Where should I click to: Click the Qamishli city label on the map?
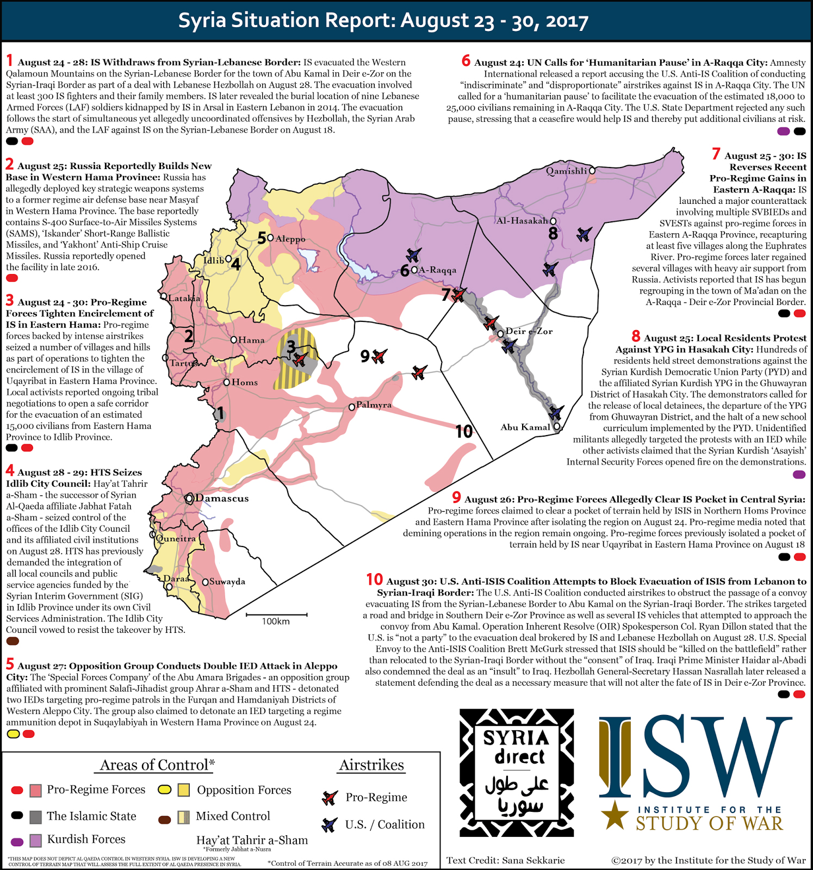coord(566,171)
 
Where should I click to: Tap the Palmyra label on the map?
coord(374,405)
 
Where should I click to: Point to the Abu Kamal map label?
coord(525,427)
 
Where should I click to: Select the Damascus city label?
coord(222,498)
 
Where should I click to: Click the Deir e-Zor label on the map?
coord(529,331)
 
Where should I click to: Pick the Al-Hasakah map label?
coord(522,221)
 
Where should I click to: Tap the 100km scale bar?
coord(276,615)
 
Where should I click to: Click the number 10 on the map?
coord(464,432)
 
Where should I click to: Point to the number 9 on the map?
coord(365,357)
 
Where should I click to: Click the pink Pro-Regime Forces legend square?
coord(35,790)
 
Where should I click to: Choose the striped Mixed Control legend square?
coord(184,817)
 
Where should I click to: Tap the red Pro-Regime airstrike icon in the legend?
coord(330,798)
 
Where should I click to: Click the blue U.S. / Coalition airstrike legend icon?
coord(329,825)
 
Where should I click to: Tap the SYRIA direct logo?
coord(516,772)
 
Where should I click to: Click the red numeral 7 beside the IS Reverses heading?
coord(716,155)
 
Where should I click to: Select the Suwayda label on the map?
coord(227,582)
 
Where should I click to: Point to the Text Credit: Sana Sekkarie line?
coord(505,860)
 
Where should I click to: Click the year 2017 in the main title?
coord(567,21)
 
